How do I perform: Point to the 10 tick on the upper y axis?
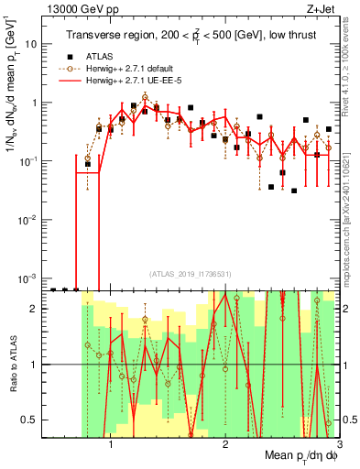pyautogui.click(x=30, y=44)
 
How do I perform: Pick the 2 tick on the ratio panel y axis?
pyautogui.click(x=33, y=309)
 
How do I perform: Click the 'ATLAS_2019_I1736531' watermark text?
pyautogui.click(x=190, y=275)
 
